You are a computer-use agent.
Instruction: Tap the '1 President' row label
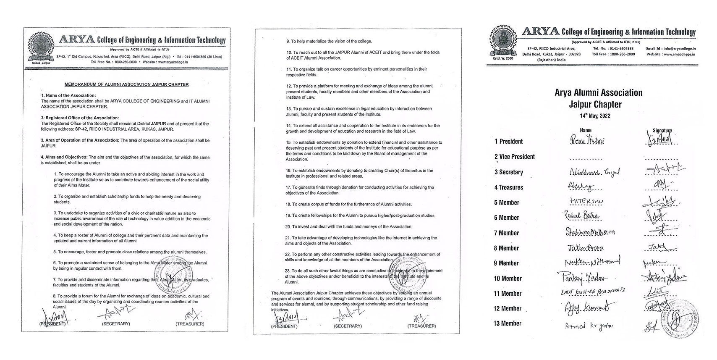508,142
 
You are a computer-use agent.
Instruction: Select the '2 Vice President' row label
514,157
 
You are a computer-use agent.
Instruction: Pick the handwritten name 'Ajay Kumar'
584,308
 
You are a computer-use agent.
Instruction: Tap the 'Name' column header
585,131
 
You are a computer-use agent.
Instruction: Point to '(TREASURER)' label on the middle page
421,326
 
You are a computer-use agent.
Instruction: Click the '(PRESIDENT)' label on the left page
52,324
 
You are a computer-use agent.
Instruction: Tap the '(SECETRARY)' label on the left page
116,324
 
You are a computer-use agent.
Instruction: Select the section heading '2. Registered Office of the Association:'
80,118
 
